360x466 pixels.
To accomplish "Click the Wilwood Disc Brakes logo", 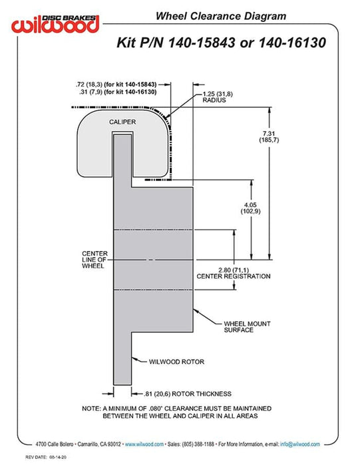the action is [55, 23].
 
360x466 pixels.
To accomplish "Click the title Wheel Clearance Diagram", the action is [221, 16].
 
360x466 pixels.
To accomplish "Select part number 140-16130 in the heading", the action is [293, 43].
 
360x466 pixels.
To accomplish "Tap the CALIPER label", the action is [122, 122].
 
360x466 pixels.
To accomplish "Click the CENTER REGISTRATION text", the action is [234, 276].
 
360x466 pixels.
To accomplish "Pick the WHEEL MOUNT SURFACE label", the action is [247, 327].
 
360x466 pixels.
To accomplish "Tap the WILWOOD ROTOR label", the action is [176, 361].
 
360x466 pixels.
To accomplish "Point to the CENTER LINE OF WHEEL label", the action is [94, 260].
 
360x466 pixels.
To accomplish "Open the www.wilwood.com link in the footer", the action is [144, 444].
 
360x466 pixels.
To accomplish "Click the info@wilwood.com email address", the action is [300, 444].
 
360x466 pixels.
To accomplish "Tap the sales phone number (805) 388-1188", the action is [198, 444].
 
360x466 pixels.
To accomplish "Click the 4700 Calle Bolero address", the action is [55, 444].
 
